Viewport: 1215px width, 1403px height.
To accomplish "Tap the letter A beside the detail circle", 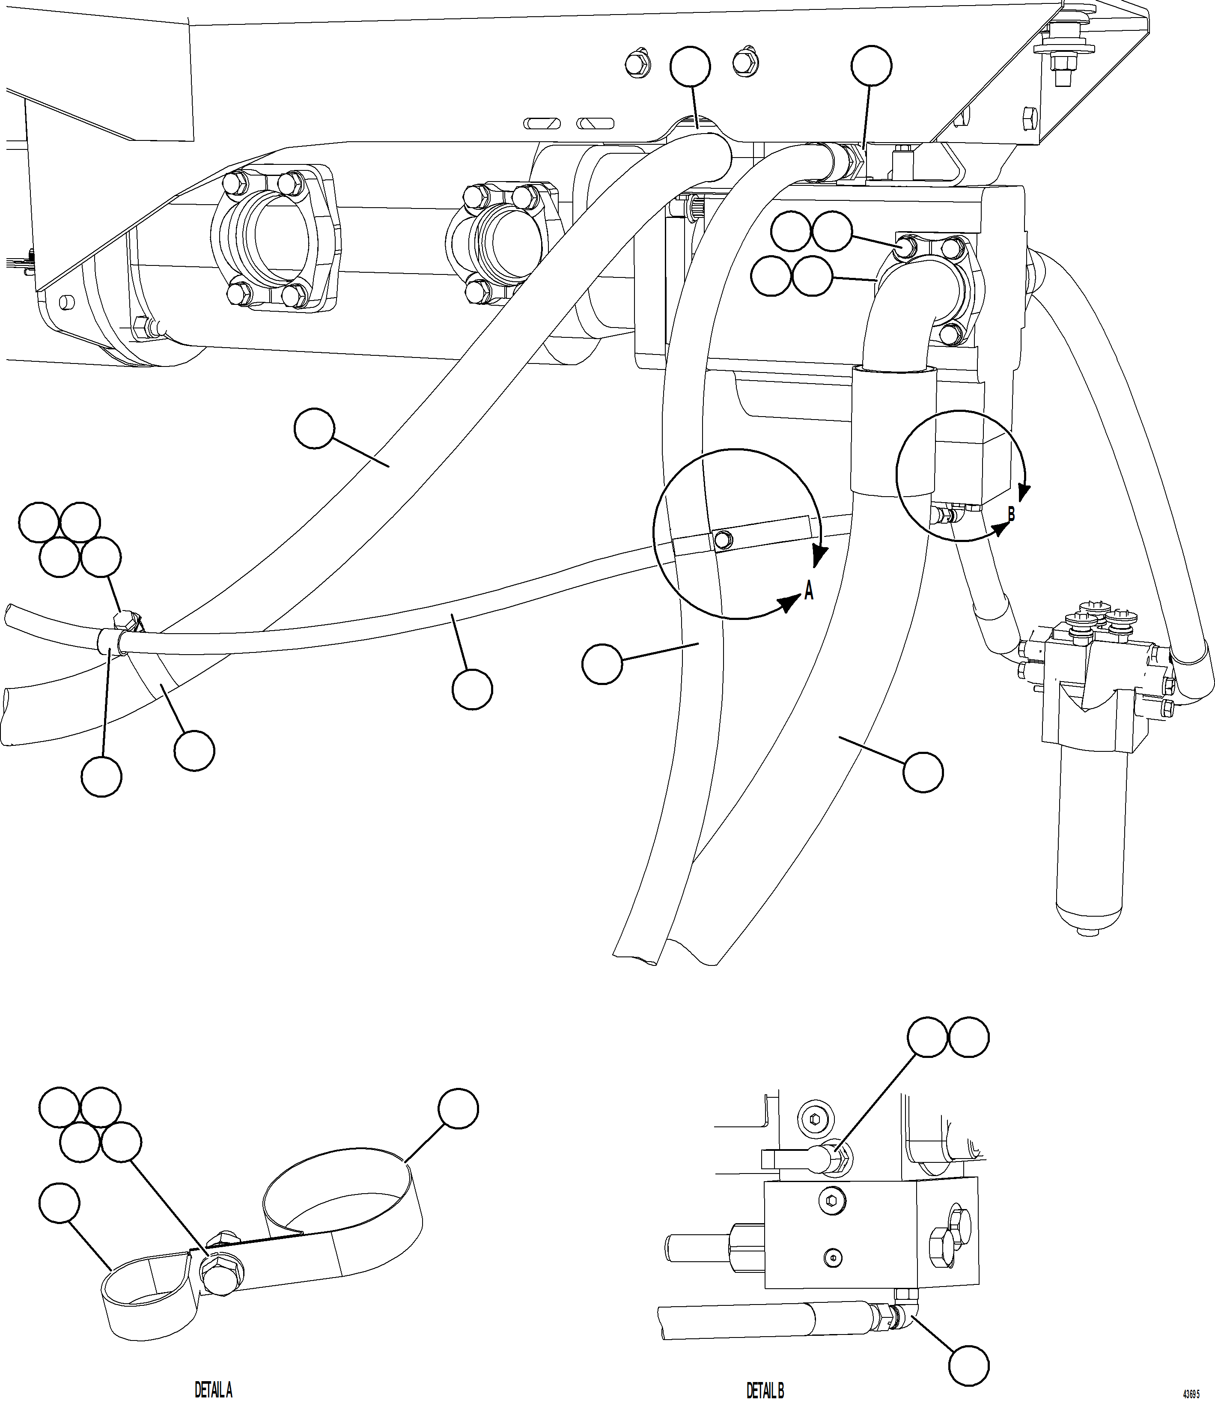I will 808,592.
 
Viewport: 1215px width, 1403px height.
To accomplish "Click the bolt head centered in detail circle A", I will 724,539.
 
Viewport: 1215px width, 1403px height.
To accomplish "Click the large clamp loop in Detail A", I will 342,1208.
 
